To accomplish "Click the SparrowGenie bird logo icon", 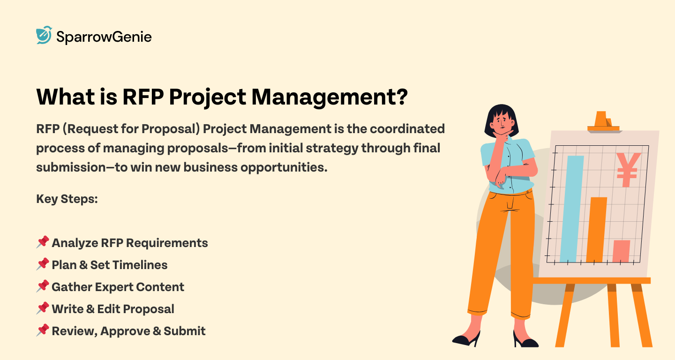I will tap(44, 35).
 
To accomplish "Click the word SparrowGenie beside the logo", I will tap(104, 37).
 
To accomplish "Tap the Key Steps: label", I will tap(67, 199).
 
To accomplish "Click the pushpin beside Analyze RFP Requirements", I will tap(43, 242).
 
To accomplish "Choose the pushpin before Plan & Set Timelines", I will tap(43, 264).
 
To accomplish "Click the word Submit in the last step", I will tap(185, 331).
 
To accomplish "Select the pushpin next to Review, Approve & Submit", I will tap(43, 330).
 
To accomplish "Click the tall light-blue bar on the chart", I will tap(569, 209).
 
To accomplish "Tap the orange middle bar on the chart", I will tap(596, 230).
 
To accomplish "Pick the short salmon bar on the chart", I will tap(622, 251).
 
